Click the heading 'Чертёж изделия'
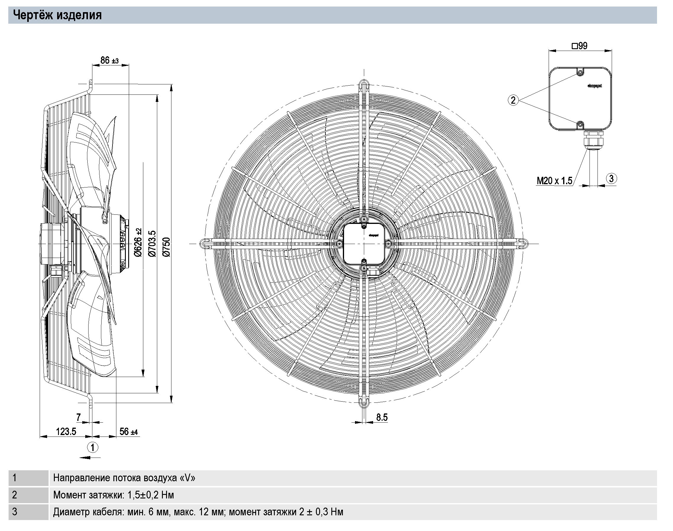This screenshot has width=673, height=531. [x=57, y=15]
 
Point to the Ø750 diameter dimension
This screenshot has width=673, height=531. [x=167, y=247]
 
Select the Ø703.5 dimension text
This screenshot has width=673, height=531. [x=152, y=244]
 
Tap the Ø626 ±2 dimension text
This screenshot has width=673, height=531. [x=138, y=242]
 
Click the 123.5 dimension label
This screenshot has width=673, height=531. [x=66, y=431]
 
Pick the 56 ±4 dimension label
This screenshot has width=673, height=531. [x=129, y=431]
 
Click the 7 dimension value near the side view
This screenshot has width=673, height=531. [x=78, y=417]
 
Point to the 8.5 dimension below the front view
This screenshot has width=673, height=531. [x=382, y=417]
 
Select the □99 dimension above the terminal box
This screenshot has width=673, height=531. [x=580, y=46]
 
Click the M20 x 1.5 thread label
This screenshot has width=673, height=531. [x=554, y=181]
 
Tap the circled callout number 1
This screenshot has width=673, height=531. [x=92, y=447]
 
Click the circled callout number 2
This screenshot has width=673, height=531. [x=513, y=100]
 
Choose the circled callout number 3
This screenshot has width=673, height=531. [x=611, y=179]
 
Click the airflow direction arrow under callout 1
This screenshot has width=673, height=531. [x=90, y=457]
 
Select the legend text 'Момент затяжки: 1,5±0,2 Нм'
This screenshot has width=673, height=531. [x=113, y=495]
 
